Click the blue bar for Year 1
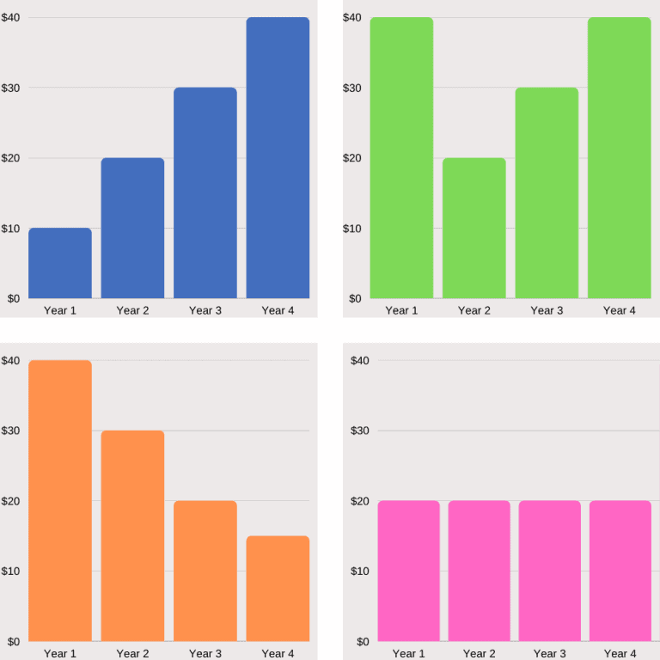click(60, 263)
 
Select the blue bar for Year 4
click(278, 158)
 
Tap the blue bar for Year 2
click(132, 228)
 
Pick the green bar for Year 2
click(474, 228)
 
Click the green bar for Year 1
click(401, 158)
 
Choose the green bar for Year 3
click(547, 193)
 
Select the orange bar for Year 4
click(278, 589)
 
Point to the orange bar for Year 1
click(60, 501)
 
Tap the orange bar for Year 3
click(205, 571)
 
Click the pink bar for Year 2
click(479, 571)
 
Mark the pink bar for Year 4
click(620, 571)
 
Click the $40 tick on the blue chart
click(12, 17)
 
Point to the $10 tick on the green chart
click(353, 229)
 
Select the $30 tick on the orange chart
click(12, 431)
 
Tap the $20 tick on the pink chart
click(361, 501)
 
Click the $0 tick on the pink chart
click(364, 641)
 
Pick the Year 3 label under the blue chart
click(205, 310)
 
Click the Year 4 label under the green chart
click(619, 310)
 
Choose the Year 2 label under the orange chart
click(132, 654)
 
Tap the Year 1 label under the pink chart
click(408, 654)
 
